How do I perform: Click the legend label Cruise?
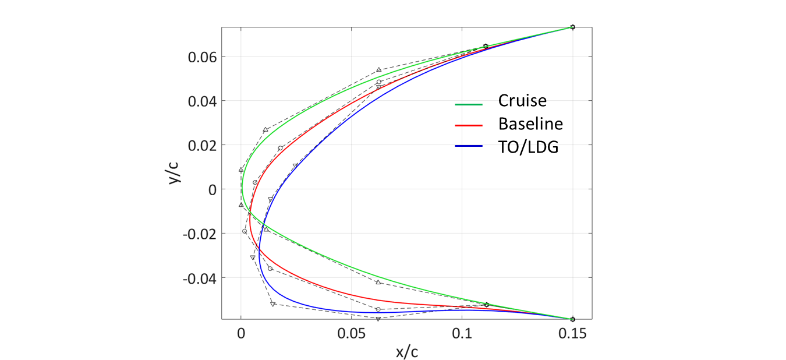(522, 101)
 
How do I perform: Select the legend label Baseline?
(530, 124)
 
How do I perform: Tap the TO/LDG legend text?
(528, 147)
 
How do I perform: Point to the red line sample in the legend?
(469, 125)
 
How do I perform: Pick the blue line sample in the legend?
(469, 148)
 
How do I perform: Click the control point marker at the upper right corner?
(572, 27)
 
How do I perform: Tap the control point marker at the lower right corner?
(572, 319)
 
